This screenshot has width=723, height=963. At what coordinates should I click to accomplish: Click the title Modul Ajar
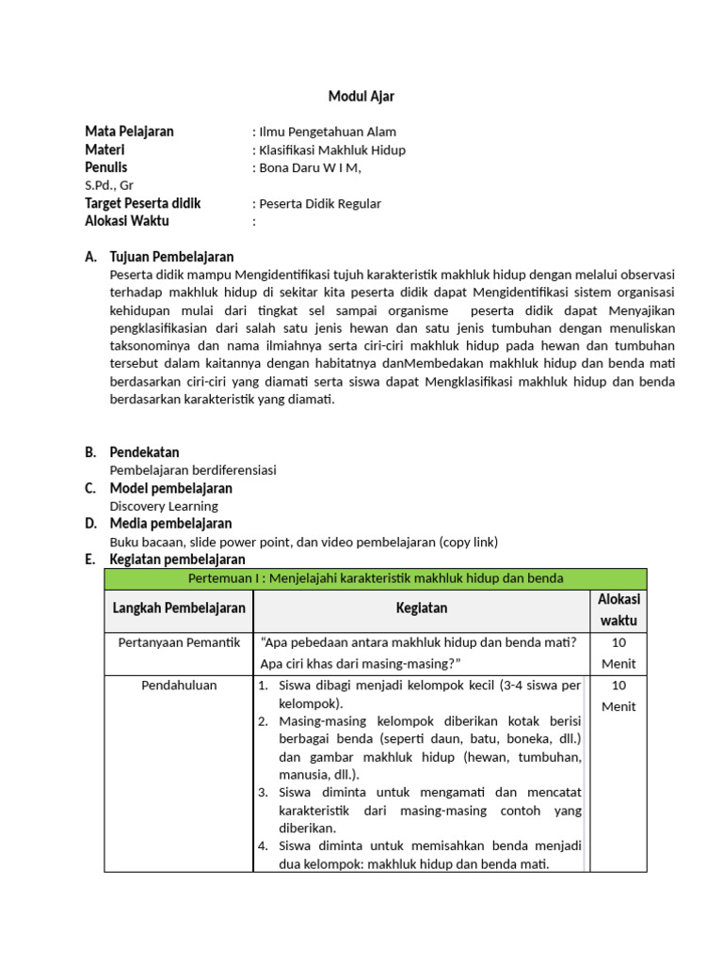[x=361, y=96]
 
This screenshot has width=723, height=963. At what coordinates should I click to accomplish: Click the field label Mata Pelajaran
[x=129, y=132]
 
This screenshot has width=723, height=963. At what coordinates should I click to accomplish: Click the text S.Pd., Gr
[x=109, y=185]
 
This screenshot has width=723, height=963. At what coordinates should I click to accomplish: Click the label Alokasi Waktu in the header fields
[x=127, y=221]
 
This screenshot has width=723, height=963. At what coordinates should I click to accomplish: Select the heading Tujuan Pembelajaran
[x=171, y=257]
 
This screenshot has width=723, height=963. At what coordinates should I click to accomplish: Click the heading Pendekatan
[x=144, y=452]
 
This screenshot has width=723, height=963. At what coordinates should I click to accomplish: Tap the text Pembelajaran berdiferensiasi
[x=193, y=469]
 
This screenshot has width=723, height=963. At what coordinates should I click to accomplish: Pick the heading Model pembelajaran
[x=170, y=488]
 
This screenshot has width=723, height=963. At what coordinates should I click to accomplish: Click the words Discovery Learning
[x=164, y=506]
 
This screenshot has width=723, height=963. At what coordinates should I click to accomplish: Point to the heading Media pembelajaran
[x=170, y=524]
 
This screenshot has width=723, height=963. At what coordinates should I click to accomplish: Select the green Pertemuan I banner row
[x=376, y=578]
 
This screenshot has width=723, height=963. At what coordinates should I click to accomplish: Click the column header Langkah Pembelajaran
[x=179, y=608]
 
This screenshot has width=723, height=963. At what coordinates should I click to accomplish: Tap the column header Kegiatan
[x=422, y=608]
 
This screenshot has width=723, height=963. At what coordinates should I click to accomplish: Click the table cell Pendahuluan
[x=179, y=685]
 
